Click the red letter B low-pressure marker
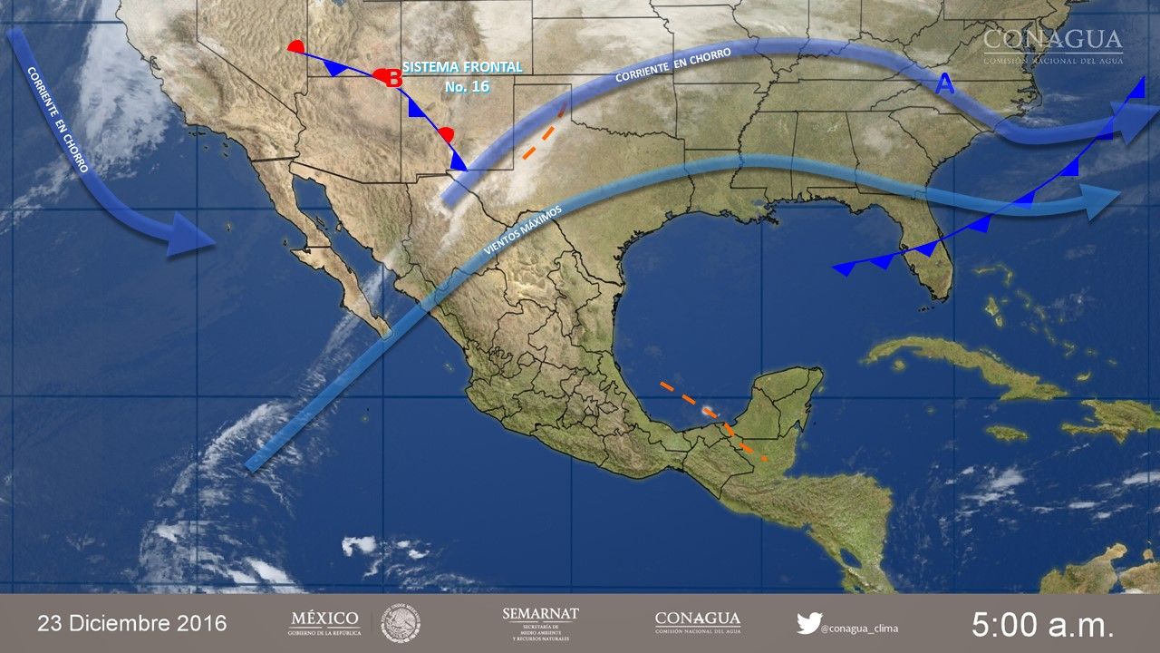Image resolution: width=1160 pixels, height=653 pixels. [x=394, y=79]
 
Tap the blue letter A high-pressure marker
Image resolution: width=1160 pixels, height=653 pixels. [x=944, y=85]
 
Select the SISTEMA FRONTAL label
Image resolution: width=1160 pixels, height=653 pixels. [x=462, y=67]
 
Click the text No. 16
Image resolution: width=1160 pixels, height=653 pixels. [x=467, y=87]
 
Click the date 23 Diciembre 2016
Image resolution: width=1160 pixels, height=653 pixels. [x=132, y=623]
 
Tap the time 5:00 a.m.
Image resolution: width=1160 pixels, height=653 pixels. [x=1042, y=624]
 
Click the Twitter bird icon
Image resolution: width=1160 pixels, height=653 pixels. [x=808, y=623]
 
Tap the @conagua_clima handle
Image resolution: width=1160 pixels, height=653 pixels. [x=860, y=627]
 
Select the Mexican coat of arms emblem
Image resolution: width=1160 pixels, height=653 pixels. [x=400, y=623]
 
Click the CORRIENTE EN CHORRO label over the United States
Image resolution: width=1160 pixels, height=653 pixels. [x=672, y=65]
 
